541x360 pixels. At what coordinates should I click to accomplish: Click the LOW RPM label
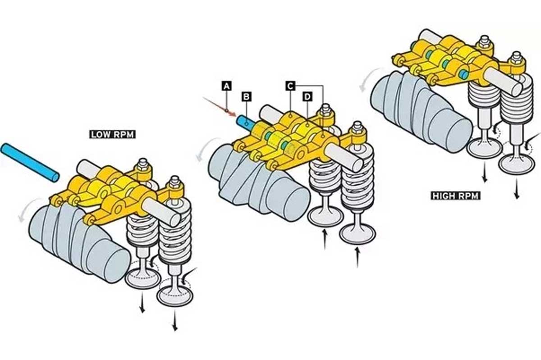point(113,134)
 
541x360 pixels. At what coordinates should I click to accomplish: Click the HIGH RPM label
point(455,196)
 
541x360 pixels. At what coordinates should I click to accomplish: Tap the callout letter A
point(226,86)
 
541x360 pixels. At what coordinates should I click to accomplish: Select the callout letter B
point(246,97)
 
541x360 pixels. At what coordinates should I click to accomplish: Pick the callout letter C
point(290,86)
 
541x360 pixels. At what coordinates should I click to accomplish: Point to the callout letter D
point(307,97)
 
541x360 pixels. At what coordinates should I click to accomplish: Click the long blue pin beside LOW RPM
point(30,163)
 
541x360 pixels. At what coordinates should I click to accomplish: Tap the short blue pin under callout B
point(244,123)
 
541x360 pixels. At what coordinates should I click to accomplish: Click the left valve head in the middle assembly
point(326,216)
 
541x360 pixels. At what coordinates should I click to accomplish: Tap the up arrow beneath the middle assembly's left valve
point(325,240)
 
